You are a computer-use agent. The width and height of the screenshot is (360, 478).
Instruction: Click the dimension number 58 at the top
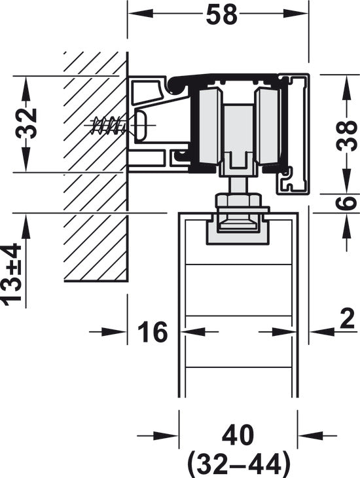222,14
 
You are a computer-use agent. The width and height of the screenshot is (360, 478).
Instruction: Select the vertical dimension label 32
26,123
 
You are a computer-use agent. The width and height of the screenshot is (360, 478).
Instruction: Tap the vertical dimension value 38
347,136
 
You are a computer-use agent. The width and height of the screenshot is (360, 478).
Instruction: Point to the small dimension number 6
347,203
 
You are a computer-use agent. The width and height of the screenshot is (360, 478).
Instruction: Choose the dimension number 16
153,331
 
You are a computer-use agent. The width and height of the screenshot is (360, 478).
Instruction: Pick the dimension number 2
347,319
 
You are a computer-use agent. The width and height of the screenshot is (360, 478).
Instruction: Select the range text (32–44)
238,464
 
